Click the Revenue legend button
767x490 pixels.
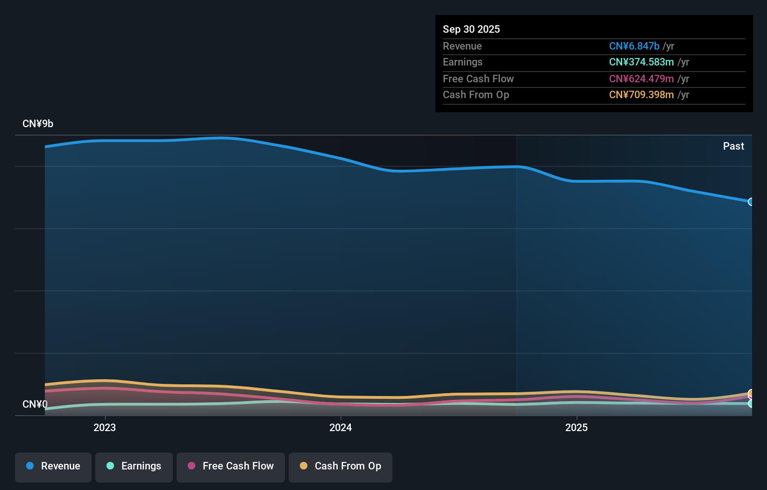point(53,467)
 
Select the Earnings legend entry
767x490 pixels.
point(134,467)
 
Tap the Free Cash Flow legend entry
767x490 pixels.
point(231,467)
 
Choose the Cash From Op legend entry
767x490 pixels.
point(341,467)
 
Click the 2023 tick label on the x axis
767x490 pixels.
point(105,428)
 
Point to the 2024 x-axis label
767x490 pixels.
point(341,428)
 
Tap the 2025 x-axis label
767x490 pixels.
point(576,428)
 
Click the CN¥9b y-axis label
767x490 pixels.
point(38,124)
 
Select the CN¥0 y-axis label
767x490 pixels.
point(35,404)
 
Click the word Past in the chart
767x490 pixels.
point(733,146)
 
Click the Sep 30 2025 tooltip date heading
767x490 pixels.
point(471,29)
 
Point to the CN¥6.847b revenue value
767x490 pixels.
point(634,46)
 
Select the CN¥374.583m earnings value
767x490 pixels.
point(641,62)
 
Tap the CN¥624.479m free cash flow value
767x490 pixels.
point(641,79)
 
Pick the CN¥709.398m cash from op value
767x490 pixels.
point(641,95)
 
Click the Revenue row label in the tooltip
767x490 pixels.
point(462,46)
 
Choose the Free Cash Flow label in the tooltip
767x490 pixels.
point(478,79)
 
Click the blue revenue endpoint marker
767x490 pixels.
point(751,202)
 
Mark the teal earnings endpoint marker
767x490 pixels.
point(751,404)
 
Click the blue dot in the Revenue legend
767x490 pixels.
point(30,466)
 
